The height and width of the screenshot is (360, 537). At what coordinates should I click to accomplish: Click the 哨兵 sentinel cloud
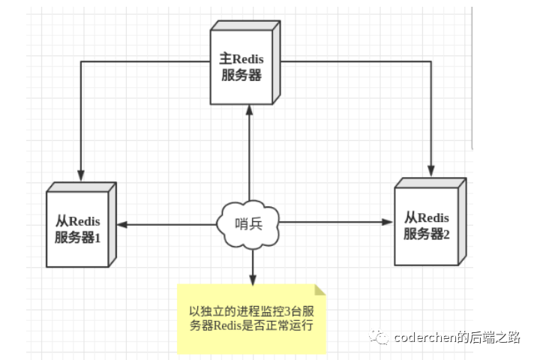[x=248, y=222]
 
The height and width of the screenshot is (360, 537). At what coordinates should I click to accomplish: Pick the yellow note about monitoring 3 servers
[x=252, y=318]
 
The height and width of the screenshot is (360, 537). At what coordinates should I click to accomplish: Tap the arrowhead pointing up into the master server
[x=248, y=109]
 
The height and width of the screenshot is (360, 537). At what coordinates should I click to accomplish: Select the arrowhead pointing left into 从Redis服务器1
[x=120, y=223]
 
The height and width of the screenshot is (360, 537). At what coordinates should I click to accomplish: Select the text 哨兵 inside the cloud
[x=248, y=223]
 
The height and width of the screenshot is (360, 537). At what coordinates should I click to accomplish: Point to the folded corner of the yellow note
[x=321, y=289]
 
